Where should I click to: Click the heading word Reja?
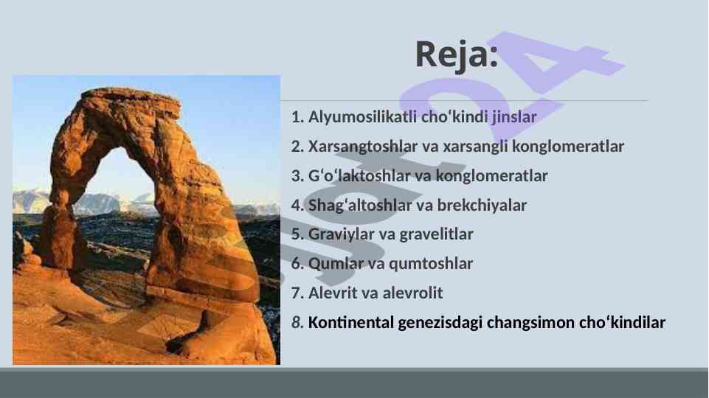click(x=457, y=55)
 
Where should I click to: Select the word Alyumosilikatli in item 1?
click(x=363, y=117)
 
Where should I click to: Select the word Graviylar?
click(x=341, y=234)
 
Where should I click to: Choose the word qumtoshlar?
click(x=431, y=263)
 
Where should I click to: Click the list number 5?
click(x=297, y=234)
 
